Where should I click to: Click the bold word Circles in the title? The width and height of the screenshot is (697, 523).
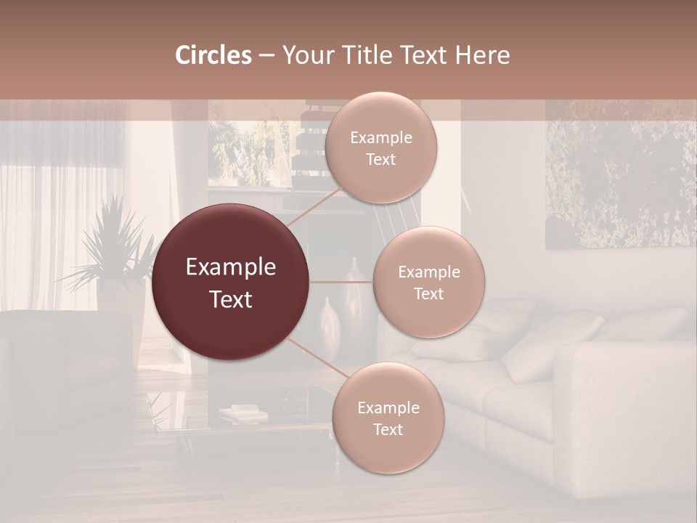213,55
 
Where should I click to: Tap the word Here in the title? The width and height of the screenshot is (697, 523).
484,55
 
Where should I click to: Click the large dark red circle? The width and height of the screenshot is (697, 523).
231,283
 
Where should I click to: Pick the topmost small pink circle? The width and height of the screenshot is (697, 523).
380,148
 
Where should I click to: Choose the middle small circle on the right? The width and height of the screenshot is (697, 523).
429,283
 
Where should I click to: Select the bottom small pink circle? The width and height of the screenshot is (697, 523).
388,418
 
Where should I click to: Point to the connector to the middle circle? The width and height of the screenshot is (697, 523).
341,282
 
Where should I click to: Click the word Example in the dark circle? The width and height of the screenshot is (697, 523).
231,267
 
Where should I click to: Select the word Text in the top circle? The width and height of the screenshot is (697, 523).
380,160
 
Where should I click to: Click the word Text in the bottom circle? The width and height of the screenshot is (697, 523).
388,430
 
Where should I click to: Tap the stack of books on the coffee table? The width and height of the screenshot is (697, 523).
244,415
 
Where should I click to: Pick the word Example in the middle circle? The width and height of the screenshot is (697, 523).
429,272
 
